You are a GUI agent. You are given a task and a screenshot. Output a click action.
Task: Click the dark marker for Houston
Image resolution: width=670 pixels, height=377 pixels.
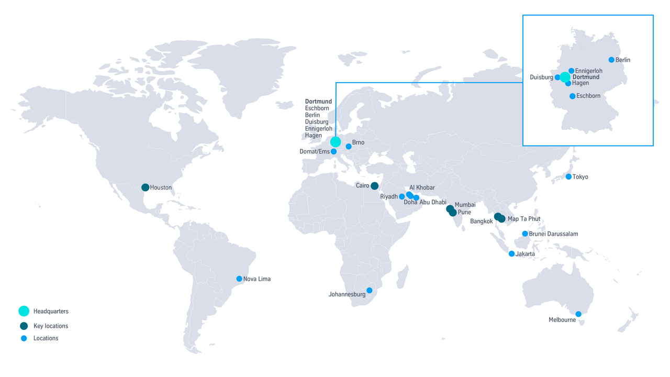coord(145,187)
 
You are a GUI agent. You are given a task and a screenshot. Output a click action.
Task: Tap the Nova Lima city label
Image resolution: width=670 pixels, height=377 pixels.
coord(257,279)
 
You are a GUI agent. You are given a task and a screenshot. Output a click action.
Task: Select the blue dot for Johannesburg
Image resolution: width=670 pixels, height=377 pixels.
coord(369,291)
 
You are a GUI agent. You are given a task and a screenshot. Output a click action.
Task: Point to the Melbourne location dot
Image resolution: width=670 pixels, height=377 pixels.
coord(578,314)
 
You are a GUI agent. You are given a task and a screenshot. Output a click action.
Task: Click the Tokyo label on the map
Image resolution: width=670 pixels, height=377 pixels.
coord(580,177)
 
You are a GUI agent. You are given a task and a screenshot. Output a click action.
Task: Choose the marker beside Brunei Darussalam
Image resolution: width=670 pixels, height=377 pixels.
coord(525,234)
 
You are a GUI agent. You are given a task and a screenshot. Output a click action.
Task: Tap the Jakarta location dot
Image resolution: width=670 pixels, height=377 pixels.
coord(511,254)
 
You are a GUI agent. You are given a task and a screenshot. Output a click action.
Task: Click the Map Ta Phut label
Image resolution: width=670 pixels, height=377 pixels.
coord(524,219)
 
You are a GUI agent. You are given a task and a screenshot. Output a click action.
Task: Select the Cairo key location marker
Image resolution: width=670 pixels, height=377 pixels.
coord(375,186)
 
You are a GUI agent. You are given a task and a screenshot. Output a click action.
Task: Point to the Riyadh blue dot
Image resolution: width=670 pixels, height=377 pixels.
coord(402,197)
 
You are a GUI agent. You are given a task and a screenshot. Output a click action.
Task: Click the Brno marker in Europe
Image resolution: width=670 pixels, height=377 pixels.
coord(349,147)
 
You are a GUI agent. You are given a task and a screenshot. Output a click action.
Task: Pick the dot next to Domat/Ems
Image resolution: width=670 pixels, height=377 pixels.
coord(333,151)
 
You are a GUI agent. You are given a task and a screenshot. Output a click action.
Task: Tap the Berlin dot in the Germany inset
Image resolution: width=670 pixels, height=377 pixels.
coord(611,60)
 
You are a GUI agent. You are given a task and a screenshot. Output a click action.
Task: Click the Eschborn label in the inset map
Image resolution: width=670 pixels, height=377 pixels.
coord(588,96)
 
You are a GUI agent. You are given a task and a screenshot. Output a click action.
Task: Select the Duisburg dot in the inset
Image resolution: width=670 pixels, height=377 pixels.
coord(557,77)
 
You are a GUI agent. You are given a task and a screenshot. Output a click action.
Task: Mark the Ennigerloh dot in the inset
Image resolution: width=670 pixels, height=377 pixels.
coord(572,71)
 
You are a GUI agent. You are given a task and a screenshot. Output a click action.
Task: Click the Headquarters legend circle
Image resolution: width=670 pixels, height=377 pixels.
coord(24,311)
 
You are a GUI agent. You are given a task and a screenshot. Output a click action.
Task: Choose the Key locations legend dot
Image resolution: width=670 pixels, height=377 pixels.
coord(24,326)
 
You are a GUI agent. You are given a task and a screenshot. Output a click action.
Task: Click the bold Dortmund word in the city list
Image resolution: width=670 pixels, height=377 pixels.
coord(318,102)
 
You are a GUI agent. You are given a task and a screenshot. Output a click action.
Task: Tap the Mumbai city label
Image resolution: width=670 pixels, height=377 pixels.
coord(465,205)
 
